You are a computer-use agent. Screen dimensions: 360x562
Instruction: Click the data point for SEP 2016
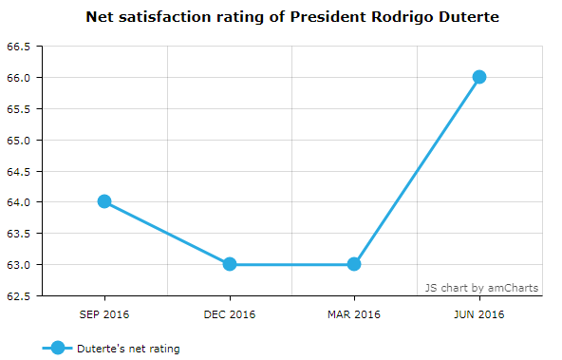tap(104, 201)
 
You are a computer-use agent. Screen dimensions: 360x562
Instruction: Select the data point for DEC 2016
tap(230, 264)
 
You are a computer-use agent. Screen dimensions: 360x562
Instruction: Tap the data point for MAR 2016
tap(354, 264)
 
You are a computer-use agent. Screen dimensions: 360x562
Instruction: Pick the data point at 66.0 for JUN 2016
tap(479, 77)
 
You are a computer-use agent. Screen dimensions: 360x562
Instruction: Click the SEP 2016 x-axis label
tap(104, 314)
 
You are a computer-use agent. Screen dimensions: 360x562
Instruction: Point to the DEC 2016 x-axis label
tap(230, 314)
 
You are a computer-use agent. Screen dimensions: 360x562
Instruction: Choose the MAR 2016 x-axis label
tap(354, 314)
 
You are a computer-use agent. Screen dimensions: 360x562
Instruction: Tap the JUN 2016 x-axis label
tap(479, 314)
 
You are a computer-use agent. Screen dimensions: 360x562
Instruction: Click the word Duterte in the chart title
tap(464, 17)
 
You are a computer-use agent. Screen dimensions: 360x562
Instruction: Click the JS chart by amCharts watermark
tap(481, 287)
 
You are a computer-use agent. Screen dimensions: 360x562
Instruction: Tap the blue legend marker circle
tap(58, 349)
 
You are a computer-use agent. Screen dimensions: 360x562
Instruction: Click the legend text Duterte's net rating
tap(128, 349)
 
